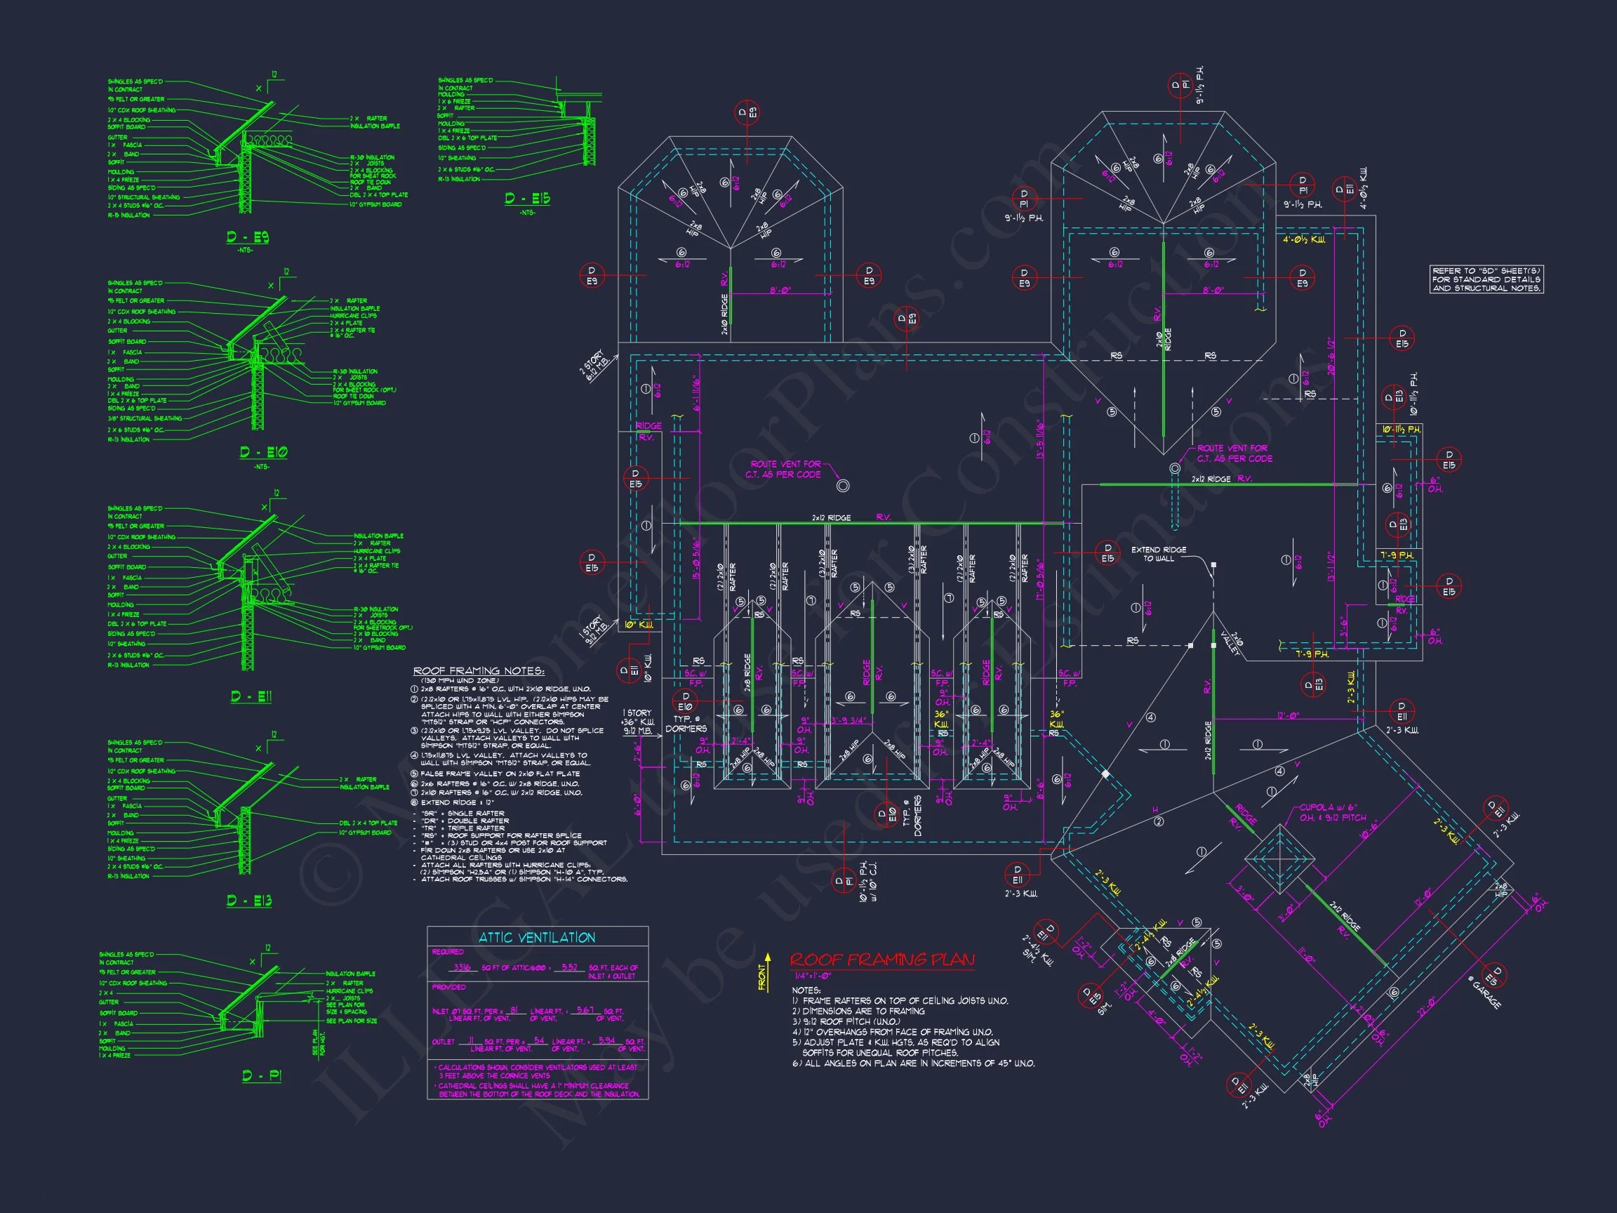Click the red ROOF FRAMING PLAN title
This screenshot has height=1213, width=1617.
882,960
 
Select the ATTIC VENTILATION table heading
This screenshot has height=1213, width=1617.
537,937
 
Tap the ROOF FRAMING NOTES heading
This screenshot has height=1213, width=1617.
478,671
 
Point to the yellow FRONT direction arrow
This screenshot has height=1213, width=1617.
766,972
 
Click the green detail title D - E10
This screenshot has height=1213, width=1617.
263,453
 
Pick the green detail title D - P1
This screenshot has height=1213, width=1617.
261,1075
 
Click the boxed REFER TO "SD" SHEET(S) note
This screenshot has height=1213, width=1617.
1486,279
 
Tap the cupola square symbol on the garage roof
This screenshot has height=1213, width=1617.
1279,859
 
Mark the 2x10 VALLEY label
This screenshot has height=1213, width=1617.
1234,643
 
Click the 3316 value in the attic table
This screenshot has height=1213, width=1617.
462,967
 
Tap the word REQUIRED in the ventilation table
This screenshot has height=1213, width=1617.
447,951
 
